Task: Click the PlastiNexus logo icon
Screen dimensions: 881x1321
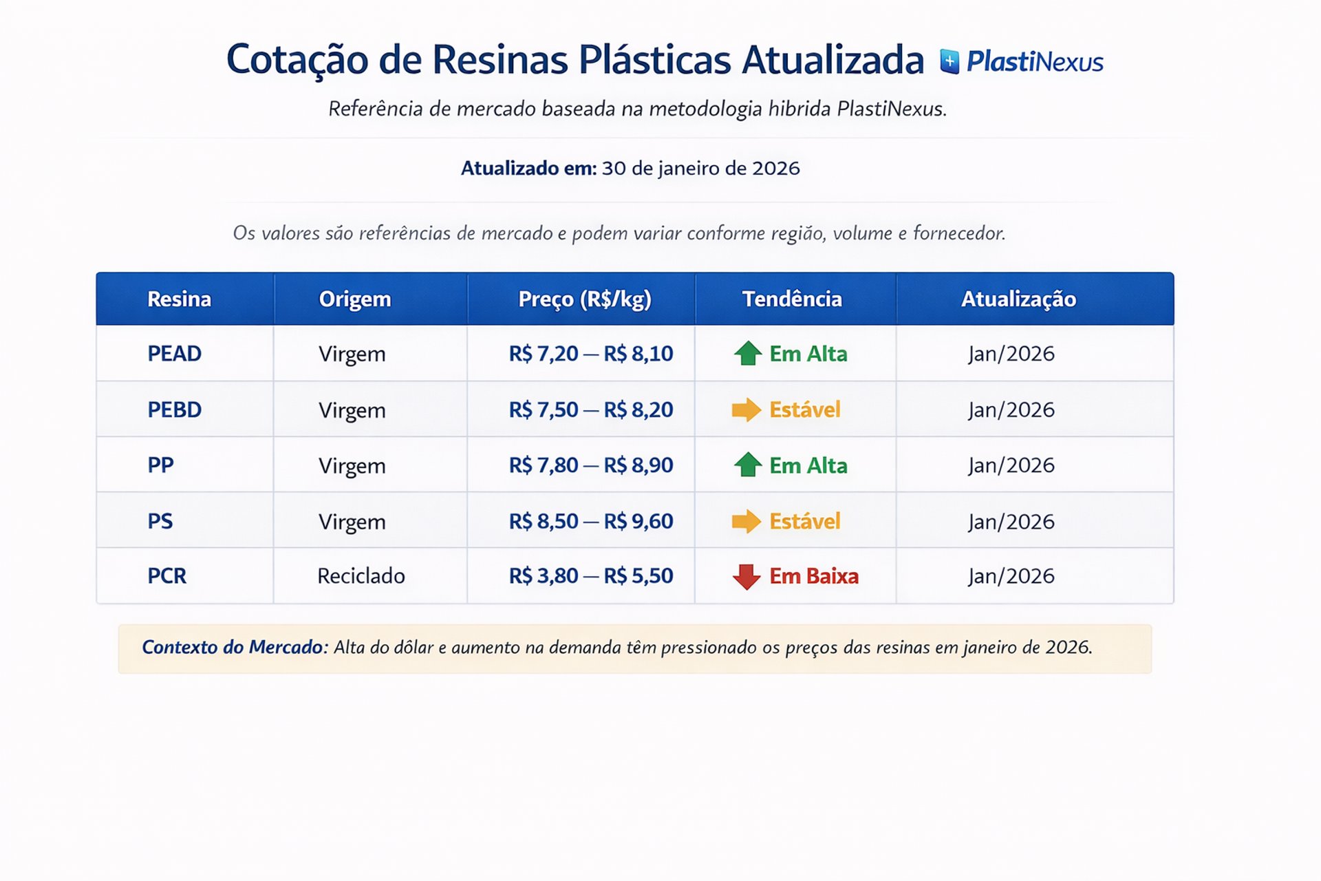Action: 949,61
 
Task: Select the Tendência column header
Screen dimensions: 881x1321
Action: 792,299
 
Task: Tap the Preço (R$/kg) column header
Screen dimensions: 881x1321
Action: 584,299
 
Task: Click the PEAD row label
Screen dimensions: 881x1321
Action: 174,353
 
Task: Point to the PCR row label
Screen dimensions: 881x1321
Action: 167,575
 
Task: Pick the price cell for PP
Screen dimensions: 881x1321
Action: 590,465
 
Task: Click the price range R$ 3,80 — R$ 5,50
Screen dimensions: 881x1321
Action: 590,575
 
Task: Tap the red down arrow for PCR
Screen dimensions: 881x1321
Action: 747,576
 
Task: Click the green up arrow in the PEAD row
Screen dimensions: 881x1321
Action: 748,353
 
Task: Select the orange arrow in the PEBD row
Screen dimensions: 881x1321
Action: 747,410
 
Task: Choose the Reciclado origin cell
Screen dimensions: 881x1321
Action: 361,575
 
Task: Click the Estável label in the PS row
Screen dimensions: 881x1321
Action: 804,521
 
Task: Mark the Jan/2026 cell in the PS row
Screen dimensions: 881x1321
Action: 1011,521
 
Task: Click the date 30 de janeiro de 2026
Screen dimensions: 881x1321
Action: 700,168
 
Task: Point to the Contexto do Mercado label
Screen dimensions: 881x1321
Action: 233,647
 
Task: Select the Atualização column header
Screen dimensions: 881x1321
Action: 1018,299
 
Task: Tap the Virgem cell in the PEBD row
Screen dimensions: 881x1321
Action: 352,410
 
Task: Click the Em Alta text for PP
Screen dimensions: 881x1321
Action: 808,465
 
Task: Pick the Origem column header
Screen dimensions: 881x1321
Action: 354,299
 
